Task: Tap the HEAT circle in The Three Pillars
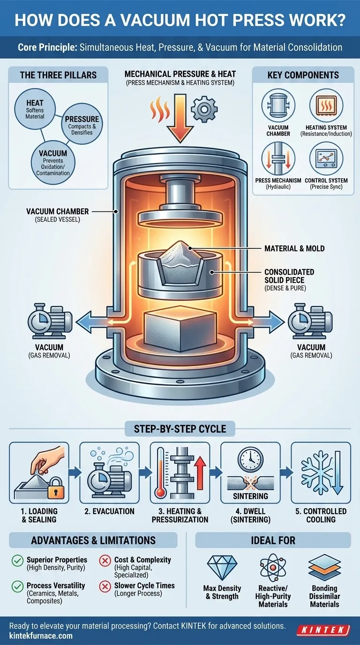(x=35, y=108)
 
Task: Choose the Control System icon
(x=326, y=158)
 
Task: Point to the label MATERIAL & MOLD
(x=294, y=248)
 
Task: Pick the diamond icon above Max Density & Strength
(x=222, y=568)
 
